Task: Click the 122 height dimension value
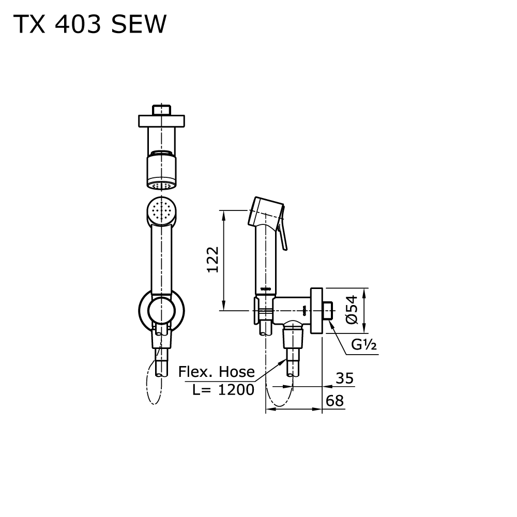click(x=213, y=260)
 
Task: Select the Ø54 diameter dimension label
click(x=352, y=310)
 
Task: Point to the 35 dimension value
click(x=344, y=378)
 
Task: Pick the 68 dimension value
click(x=334, y=401)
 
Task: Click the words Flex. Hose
click(x=216, y=372)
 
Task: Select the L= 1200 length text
click(x=223, y=389)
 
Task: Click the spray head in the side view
click(x=266, y=211)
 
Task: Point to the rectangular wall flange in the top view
click(x=161, y=121)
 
